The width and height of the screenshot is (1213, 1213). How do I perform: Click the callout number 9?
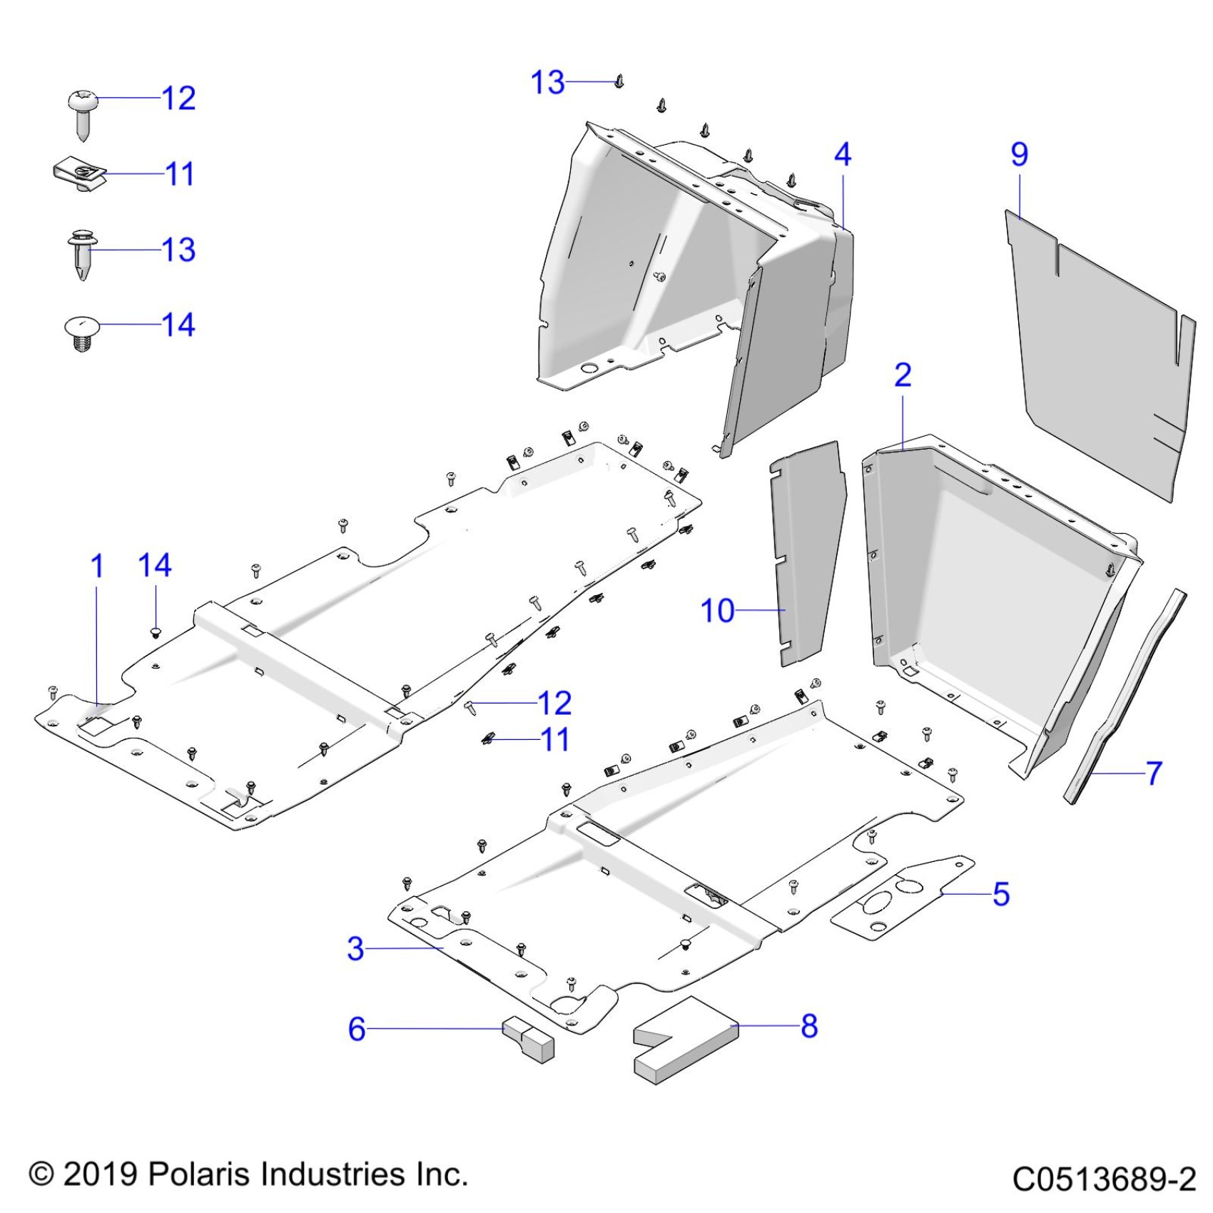pos(1020,154)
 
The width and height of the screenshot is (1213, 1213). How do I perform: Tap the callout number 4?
pos(843,154)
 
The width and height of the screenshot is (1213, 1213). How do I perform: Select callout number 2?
pos(903,375)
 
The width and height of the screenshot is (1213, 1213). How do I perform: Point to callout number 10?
pos(717,611)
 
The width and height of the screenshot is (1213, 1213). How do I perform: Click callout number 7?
pos(1154,773)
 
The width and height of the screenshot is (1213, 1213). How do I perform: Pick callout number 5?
pos(1001,893)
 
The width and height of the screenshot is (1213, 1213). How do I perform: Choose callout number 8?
pos(808,1026)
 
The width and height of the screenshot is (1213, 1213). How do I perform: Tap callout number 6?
pos(357,1029)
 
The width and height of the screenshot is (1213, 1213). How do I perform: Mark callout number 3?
pos(355,949)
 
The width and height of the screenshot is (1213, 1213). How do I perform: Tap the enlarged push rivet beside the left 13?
pos(82,253)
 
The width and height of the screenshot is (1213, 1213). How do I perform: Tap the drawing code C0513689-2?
pos(1103,1179)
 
